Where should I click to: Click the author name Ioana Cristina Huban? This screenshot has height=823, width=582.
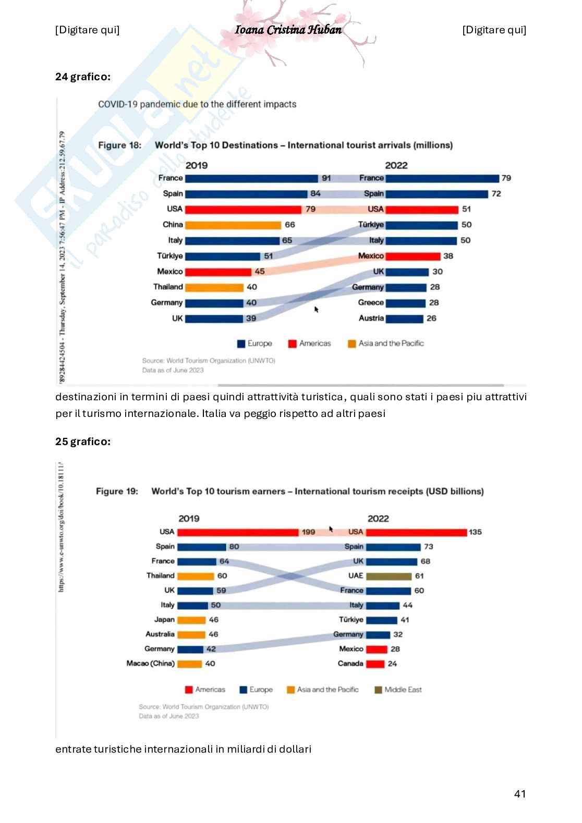click(x=288, y=30)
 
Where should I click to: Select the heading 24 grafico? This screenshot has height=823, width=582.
click(x=83, y=77)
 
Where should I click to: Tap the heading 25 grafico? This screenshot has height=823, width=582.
click(x=83, y=441)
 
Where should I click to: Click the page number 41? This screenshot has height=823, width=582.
click(x=519, y=794)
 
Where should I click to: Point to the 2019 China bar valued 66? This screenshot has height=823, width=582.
click(x=233, y=225)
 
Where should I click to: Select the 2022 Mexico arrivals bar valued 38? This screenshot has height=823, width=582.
click(x=413, y=256)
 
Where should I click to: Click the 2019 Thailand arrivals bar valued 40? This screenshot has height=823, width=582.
click(x=214, y=288)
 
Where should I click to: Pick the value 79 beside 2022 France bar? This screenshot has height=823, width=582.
click(x=506, y=178)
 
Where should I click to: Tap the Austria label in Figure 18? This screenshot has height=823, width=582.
click(x=371, y=318)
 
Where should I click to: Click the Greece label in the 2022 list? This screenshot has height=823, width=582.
click(x=371, y=303)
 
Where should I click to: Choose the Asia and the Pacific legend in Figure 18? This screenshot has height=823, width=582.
click(x=386, y=343)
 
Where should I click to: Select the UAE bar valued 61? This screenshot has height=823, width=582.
click(x=389, y=576)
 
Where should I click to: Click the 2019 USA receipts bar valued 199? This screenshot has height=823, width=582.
click(x=238, y=532)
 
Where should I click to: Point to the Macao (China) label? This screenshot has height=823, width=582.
click(x=150, y=664)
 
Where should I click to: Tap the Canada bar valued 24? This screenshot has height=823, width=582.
click(x=375, y=664)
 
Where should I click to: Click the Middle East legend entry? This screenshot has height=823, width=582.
click(x=398, y=690)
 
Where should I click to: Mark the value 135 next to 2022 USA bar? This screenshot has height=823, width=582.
click(x=475, y=532)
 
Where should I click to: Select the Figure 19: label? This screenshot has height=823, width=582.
click(x=117, y=492)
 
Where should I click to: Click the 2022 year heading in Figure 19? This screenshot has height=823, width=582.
click(x=378, y=519)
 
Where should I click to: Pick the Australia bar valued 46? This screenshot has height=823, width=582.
click(x=191, y=635)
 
